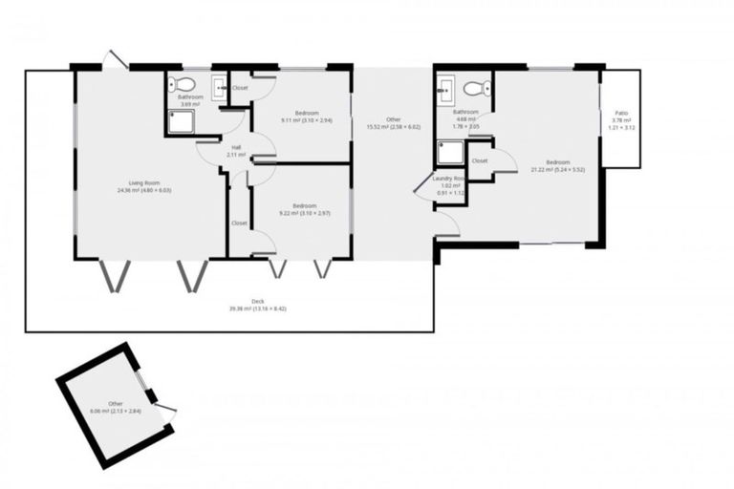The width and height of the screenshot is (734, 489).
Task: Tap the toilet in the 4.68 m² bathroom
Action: (x=475, y=88)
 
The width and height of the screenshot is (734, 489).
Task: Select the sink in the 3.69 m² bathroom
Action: (x=219, y=86)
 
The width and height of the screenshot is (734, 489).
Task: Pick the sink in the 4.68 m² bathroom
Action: (x=445, y=92)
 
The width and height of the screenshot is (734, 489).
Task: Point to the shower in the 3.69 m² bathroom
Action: (x=181, y=121)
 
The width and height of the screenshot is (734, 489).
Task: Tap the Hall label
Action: (x=236, y=147)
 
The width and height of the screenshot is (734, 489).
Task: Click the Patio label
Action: (x=621, y=113)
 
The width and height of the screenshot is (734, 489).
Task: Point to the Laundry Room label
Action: (x=448, y=178)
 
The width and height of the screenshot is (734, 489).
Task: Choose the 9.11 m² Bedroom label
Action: (x=306, y=113)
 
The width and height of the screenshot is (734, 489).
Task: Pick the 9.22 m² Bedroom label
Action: (x=304, y=206)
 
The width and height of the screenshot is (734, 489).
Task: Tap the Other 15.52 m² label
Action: (x=393, y=118)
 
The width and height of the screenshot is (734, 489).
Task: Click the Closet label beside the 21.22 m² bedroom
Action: (x=480, y=161)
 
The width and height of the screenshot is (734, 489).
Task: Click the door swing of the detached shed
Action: (x=165, y=414)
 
